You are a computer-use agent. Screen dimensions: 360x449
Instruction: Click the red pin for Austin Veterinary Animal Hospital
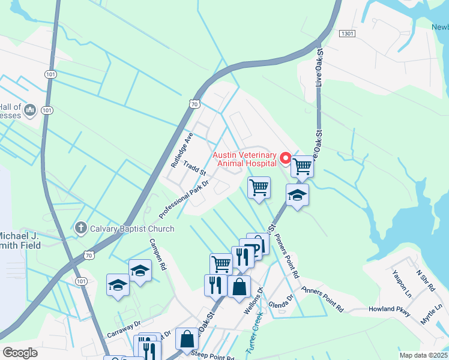tap(286, 160)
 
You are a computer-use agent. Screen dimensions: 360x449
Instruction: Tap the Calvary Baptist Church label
tap(132, 229)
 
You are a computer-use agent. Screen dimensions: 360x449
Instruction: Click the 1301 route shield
tap(347, 34)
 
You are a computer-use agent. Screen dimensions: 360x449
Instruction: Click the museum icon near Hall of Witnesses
tap(31, 110)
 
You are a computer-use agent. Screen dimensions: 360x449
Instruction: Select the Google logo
tap(20, 353)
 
